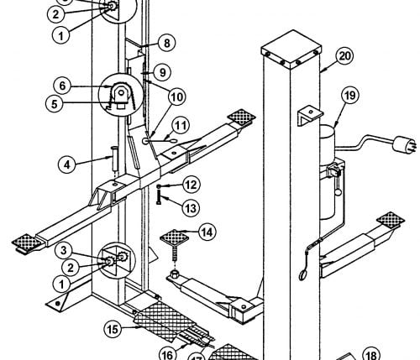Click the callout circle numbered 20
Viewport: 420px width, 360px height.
344,56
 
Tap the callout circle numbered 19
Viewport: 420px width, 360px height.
350,96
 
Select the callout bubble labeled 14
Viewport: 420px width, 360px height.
207,232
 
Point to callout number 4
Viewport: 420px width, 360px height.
67,164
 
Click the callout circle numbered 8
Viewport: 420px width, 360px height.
166,43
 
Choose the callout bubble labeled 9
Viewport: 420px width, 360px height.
162,72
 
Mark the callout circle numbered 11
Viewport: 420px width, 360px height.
181,126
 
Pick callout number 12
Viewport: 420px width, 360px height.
192,185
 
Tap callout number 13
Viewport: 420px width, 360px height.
191,208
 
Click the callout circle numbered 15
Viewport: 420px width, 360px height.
113,330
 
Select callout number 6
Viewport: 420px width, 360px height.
62,86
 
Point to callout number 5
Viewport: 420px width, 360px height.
55,104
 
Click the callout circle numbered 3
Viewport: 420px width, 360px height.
64,250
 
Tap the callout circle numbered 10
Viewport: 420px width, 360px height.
177,97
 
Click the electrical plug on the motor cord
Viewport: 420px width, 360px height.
404,144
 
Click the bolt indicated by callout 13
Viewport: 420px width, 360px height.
160,197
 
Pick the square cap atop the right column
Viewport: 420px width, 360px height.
291,50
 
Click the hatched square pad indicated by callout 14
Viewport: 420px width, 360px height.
174,237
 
